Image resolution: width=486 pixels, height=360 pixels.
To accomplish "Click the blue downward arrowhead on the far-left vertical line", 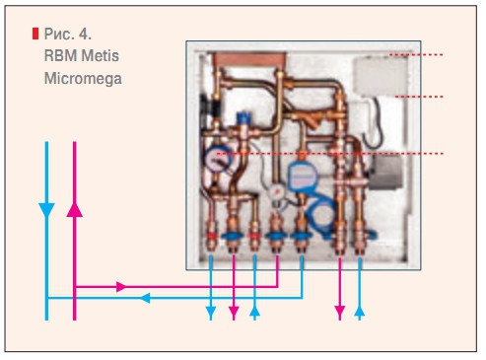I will pos(46,209).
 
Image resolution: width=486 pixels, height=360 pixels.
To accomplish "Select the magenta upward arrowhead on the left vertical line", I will pos(74,209).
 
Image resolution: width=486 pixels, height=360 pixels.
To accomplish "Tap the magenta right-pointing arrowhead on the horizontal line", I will pos(122,287).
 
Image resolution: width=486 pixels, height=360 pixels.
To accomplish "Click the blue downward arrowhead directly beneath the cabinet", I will pos(211,313).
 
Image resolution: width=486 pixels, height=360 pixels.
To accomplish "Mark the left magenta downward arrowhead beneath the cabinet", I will pos(234,313).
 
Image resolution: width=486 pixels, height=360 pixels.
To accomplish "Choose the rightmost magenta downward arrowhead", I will pos(340,313).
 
